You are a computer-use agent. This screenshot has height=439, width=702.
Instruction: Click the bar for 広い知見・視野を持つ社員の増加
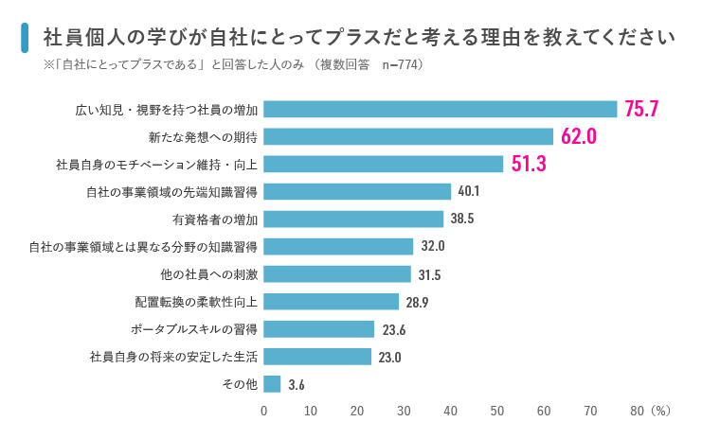(441, 109)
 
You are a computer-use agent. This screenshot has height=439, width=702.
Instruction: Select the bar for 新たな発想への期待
(408, 136)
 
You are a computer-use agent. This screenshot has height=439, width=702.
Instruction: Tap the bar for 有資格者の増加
(353, 219)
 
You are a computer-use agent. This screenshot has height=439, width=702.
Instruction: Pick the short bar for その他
(272, 384)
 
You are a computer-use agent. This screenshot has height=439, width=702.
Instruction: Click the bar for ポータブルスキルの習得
(318, 329)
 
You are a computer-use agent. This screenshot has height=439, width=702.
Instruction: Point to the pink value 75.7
(641, 109)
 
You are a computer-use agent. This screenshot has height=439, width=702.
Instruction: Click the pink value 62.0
(578, 136)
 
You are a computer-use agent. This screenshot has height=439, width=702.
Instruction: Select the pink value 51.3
(529, 164)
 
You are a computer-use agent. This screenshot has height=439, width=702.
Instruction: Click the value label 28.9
(418, 302)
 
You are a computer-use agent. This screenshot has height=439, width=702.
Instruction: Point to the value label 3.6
(297, 385)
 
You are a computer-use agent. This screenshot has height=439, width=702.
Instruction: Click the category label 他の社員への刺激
(210, 274)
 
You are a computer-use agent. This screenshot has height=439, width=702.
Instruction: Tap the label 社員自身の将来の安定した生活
(173, 357)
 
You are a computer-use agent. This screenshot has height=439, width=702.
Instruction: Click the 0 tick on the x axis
(263, 412)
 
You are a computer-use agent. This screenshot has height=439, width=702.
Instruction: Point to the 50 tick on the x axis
(496, 412)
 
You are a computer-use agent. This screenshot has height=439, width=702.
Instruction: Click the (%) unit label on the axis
(661, 412)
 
